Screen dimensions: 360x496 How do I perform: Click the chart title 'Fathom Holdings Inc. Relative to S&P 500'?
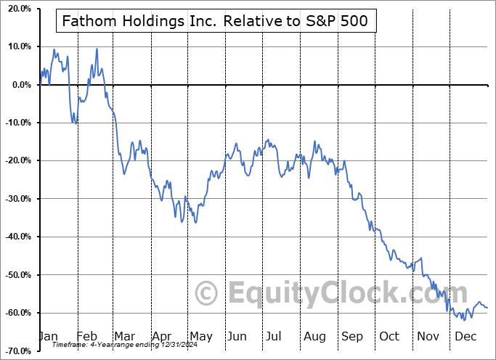pos(216,22)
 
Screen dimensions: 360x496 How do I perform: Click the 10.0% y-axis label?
pos(17,46)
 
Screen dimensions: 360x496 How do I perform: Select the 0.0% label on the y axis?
pos(20,85)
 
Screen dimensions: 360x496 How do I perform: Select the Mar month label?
pos(125,336)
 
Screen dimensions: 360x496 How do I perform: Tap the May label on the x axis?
pos(200,336)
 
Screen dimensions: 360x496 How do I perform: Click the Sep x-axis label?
pos(351,336)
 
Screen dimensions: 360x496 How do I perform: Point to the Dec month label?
pos(465,336)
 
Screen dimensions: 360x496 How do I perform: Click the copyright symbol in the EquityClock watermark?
pos(207,293)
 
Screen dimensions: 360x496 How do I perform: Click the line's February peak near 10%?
pos(97,49)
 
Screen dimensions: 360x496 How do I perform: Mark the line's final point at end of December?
pos(487,308)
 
